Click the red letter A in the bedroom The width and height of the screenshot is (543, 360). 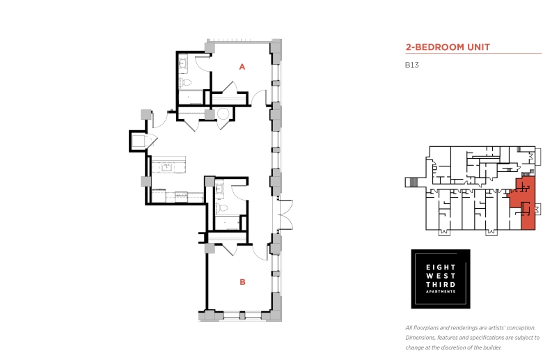(x=242, y=67)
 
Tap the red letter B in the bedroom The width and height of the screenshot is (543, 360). (x=242, y=282)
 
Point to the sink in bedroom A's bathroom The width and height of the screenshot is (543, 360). (x=182, y=64)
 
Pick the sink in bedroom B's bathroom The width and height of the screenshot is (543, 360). (x=219, y=189)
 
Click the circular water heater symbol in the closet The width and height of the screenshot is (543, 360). (x=223, y=114)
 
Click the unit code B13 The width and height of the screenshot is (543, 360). (x=411, y=65)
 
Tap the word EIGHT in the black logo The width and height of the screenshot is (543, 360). (x=441, y=267)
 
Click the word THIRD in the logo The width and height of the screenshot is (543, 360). (x=441, y=285)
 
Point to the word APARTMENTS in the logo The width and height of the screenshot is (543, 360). (x=441, y=292)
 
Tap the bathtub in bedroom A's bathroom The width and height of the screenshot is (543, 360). (x=191, y=97)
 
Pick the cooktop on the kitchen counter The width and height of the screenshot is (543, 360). (x=159, y=195)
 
